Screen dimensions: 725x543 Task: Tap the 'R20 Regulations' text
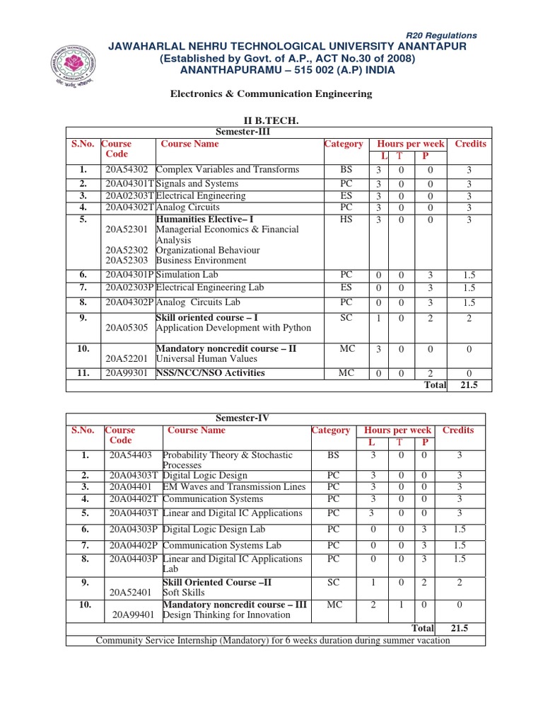click(441, 35)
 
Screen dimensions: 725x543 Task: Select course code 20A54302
click(127, 170)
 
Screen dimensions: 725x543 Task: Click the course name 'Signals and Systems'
click(197, 184)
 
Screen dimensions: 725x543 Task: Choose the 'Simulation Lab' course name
click(187, 274)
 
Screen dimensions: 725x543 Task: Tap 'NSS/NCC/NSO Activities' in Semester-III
click(210, 373)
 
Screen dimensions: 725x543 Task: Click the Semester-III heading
click(243, 132)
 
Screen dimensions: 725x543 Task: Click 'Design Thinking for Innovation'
click(226, 615)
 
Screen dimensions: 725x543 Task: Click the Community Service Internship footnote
click(272, 641)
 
